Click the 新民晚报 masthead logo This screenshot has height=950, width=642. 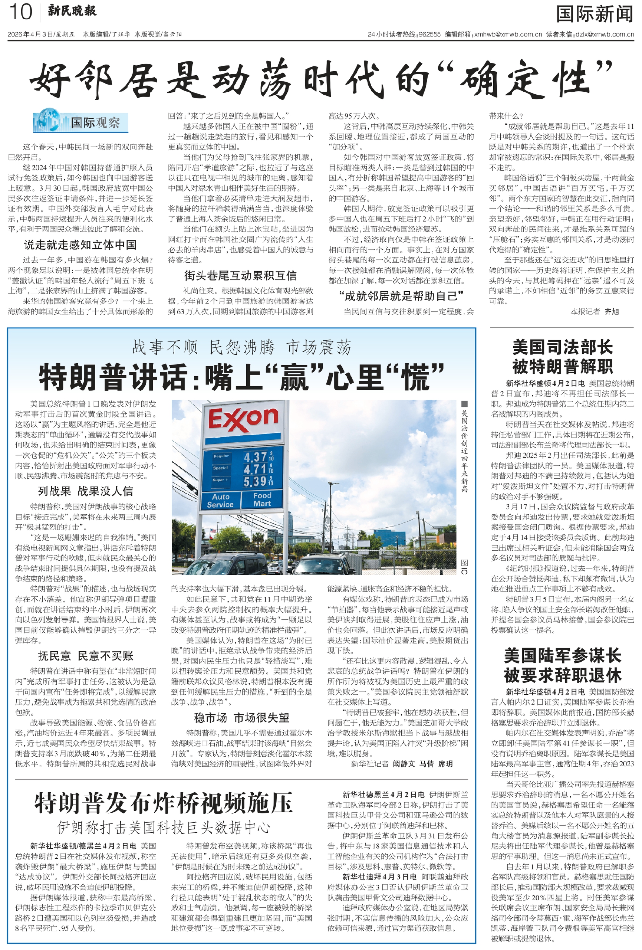(x=72, y=11)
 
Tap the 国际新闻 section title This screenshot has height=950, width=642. (x=594, y=14)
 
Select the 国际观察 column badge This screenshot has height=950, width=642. (x=81, y=121)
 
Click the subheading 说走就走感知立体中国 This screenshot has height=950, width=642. (x=80, y=245)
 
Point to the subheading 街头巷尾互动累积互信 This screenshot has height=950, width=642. (x=240, y=275)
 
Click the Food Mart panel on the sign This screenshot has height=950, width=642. (x=262, y=499)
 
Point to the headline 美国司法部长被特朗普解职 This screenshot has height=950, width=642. (x=562, y=357)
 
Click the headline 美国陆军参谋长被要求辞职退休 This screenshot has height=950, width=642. (x=562, y=665)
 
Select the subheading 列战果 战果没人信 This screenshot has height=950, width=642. (x=85, y=491)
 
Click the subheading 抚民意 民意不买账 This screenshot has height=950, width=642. (x=85, y=656)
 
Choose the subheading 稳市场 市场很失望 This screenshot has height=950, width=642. (x=241, y=717)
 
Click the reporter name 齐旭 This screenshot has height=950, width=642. (x=612, y=311)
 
